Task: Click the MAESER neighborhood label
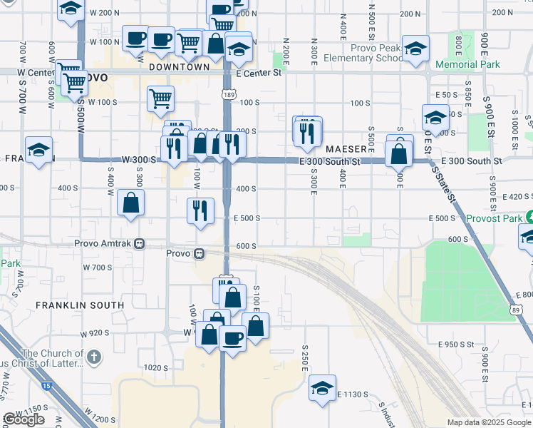pos(346,149)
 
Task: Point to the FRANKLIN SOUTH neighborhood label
pos(80,305)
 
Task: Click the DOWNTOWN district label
pos(180,67)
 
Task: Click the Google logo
pos(24,419)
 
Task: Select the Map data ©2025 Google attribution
pos(489,422)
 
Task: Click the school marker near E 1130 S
pos(322,388)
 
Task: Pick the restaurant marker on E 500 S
pos(200,210)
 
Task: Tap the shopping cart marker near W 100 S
pos(161,98)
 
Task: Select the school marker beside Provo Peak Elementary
pos(415,49)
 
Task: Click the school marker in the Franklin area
pos(38,150)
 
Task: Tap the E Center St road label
pos(259,73)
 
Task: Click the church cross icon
pos(93,356)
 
